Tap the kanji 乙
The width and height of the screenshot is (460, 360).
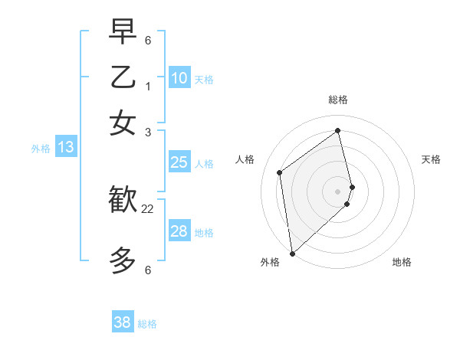pos(123,79)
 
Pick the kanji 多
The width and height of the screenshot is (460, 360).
pos(123,260)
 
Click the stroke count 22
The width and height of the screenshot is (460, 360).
pos(148,208)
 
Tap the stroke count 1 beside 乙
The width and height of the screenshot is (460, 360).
pos(148,87)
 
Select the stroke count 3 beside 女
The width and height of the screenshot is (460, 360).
pos(148,132)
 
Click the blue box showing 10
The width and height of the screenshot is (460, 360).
pos(179,78)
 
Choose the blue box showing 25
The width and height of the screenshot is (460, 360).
pos(179,162)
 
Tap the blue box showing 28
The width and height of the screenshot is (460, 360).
pos(179,231)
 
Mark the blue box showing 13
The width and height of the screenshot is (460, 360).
pos(65,147)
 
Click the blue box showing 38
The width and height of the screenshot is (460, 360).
pos(123,322)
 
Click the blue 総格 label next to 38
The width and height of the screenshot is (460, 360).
pos(147,324)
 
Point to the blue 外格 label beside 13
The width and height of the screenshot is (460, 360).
pos(41,149)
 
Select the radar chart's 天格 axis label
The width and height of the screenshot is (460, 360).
pos(431,159)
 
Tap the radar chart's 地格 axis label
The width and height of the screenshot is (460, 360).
pos(402,262)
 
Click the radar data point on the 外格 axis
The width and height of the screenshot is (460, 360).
pos(292,253)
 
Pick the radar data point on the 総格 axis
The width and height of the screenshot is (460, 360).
pos(338,131)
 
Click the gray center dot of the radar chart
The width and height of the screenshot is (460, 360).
pos(338,191)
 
